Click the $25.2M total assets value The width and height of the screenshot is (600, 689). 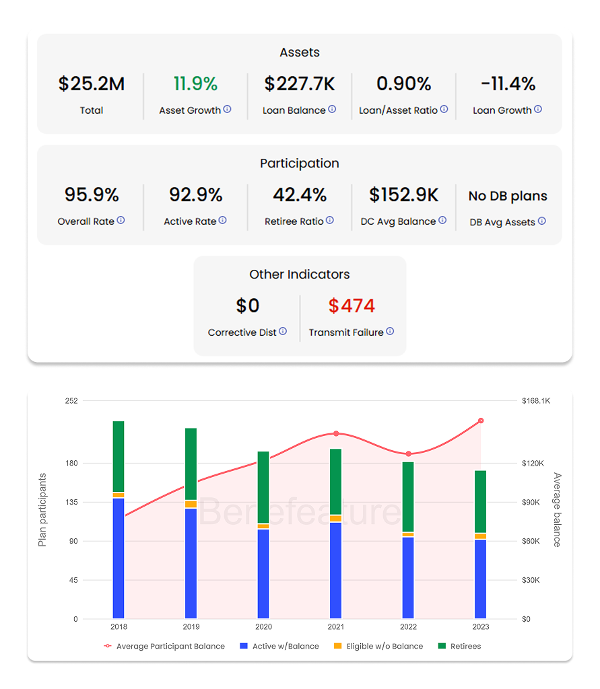[x=92, y=84]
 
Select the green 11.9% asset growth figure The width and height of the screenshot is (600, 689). [x=195, y=84]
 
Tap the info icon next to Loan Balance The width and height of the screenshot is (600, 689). [x=332, y=109]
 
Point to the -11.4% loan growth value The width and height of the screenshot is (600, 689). [x=508, y=84]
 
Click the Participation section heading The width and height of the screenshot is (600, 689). [x=300, y=164]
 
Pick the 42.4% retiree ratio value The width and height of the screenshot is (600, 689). [x=300, y=195]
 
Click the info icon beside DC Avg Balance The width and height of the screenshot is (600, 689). [x=442, y=220]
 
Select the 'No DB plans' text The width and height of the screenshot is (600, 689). [x=508, y=196]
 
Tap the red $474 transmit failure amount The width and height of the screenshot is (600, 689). [x=352, y=306]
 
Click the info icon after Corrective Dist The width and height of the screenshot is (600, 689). [x=283, y=331]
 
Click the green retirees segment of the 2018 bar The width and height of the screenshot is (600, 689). [x=119, y=456]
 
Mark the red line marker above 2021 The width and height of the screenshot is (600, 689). [x=336, y=434]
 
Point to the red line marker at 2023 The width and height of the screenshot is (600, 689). [x=481, y=421]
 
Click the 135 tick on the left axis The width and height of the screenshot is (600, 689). [x=71, y=503]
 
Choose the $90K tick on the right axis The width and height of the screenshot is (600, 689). [x=536, y=503]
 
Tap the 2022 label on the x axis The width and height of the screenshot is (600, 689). [x=408, y=626]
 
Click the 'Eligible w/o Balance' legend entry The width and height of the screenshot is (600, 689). [x=378, y=646]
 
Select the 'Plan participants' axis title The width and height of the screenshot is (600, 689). [x=42, y=509]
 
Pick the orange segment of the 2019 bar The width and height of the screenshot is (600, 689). [x=191, y=504]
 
